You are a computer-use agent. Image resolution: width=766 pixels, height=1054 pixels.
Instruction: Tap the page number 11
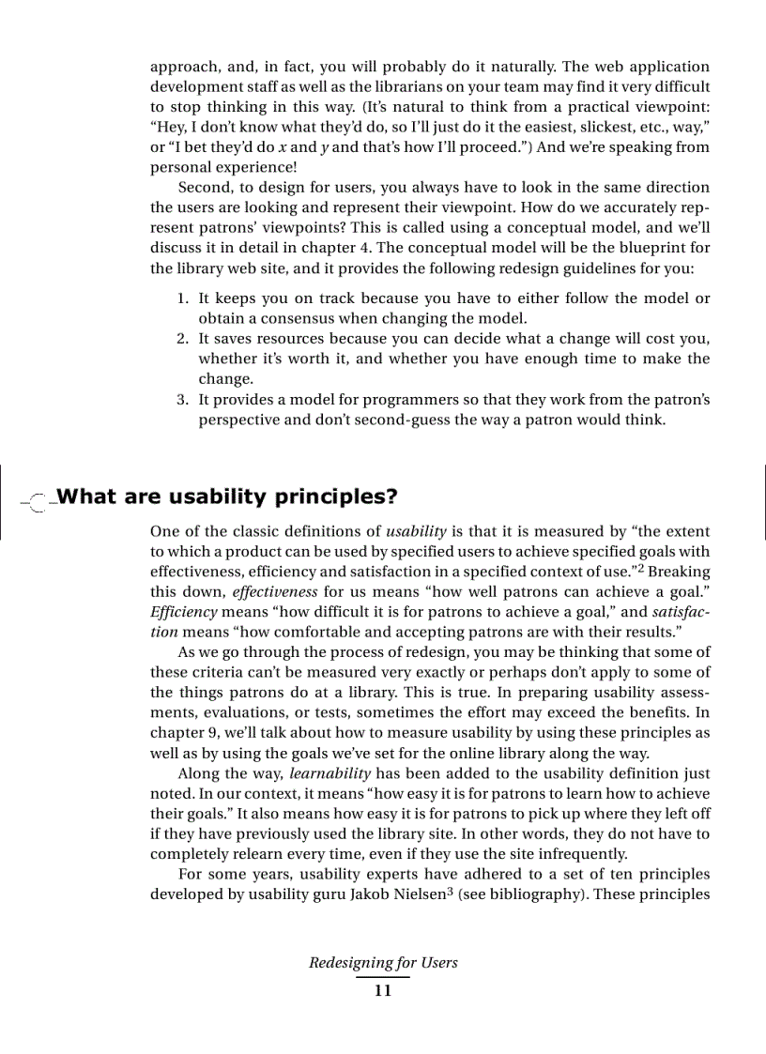click(x=382, y=992)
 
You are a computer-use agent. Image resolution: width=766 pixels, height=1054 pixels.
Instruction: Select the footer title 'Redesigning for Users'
click(x=383, y=962)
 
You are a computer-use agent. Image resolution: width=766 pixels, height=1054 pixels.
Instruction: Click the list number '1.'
click(x=184, y=298)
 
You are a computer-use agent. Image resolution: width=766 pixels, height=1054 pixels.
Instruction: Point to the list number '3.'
click(x=184, y=400)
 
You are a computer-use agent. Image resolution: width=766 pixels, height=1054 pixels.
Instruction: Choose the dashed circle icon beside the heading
click(x=38, y=501)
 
